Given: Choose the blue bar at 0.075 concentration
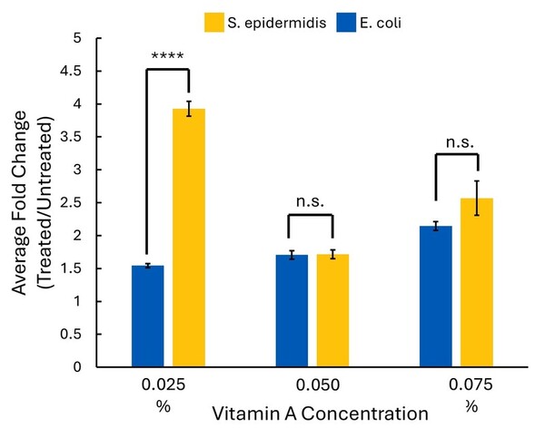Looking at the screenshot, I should tap(436, 296).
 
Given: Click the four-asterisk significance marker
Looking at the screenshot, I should tap(168, 56).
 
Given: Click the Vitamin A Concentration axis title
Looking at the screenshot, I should tap(319, 414).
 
